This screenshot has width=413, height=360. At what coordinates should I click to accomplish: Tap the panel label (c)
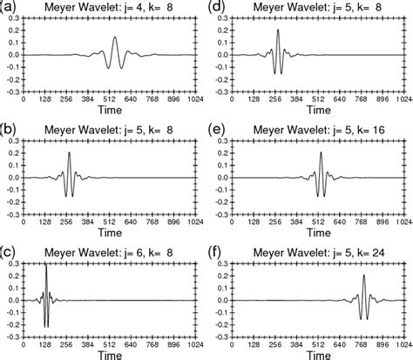[x=10, y=250]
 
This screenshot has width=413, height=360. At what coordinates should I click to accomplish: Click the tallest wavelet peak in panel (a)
[x=116, y=37]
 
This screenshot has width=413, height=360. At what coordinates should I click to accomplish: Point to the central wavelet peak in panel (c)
[x=46, y=266]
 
